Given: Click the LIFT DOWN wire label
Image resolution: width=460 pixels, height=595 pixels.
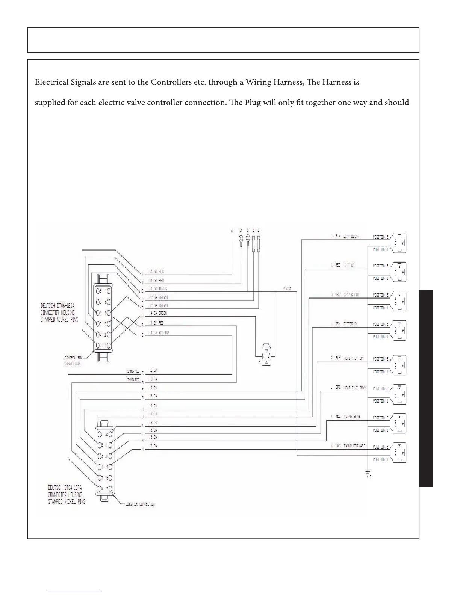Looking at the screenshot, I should tap(351, 237).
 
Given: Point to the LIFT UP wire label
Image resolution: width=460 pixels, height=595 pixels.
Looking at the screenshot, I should tap(349, 266).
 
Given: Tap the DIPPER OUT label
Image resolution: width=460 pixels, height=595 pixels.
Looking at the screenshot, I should tap(351, 295).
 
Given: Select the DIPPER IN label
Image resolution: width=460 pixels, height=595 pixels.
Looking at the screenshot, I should tap(350, 324).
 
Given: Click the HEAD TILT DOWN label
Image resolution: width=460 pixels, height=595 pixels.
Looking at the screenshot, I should tap(355, 387).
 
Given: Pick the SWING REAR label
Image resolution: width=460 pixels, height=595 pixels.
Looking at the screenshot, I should tap(351, 417).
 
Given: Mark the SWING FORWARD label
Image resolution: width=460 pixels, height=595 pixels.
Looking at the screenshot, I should tap(354, 446).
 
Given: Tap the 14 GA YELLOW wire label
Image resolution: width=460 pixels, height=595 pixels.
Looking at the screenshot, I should tap(159, 333).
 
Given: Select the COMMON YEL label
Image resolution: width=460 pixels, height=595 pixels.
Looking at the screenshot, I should tap(133, 371).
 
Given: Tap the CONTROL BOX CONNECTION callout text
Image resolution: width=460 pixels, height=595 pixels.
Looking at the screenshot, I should tap(72, 361).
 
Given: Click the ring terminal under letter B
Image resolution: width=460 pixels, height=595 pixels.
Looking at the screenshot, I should tap(241, 239).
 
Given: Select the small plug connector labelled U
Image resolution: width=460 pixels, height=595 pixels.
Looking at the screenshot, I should tap(266, 354).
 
